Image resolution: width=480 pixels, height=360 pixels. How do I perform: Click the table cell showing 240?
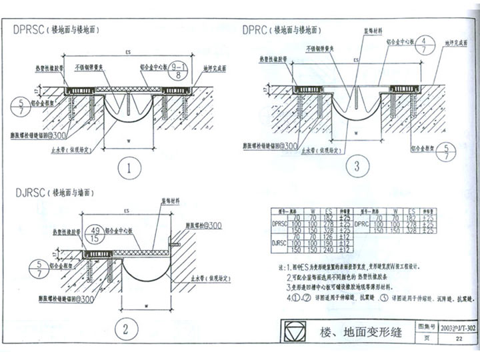[x=327, y=250]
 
